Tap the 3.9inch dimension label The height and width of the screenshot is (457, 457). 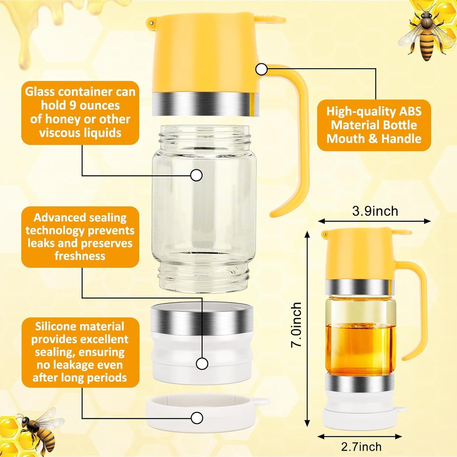point(375,211)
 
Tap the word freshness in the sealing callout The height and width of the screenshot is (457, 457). point(80,256)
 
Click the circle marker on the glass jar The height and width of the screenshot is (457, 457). point(196,175)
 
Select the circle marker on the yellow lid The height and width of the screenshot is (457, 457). point(261,69)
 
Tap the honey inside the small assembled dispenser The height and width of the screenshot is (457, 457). point(360,348)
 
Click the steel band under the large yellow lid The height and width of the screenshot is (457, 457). point(205,104)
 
